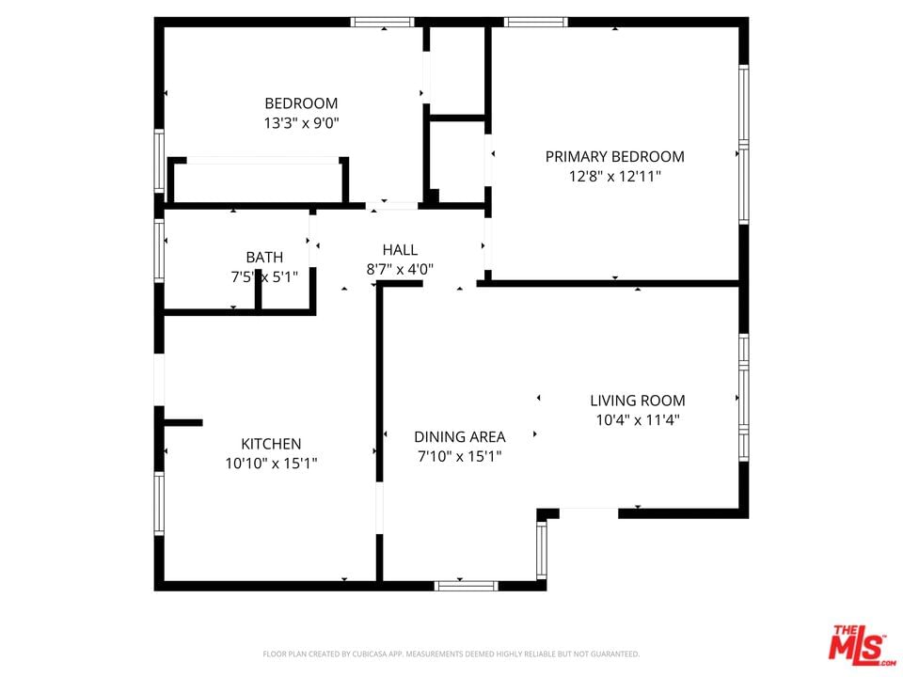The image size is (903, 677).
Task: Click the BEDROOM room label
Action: pyautogui.click(x=301, y=103)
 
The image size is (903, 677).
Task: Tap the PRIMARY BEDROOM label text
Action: pyautogui.click(x=615, y=157)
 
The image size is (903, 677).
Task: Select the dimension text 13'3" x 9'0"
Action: pyautogui.click(x=301, y=123)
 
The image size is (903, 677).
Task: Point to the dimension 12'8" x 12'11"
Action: pyautogui.click(x=615, y=176)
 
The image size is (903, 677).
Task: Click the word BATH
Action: pyautogui.click(x=264, y=258)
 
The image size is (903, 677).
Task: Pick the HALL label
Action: pyautogui.click(x=401, y=250)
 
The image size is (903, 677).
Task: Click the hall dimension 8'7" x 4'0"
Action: pyautogui.click(x=401, y=270)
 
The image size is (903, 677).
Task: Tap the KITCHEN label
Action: pyautogui.click(x=271, y=444)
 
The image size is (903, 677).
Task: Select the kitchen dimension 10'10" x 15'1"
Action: pyautogui.click(x=271, y=464)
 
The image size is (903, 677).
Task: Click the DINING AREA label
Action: pyautogui.click(x=460, y=437)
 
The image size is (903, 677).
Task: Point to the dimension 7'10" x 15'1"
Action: pyautogui.click(x=460, y=457)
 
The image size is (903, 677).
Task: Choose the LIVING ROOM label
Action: pyautogui.click(x=638, y=401)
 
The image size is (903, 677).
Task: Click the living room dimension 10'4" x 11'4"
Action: pyautogui.click(x=638, y=420)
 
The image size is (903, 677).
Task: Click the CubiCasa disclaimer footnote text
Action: pyautogui.click(x=451, y=654)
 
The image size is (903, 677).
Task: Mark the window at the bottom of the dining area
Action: pyautogui.click(x=466, y=586)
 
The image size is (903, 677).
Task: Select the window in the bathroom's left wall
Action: pyautogui.click(x=159, y=250)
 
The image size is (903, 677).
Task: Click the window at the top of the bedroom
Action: pyautogui.click(x=383, y=23)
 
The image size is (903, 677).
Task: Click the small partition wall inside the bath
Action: pyautogui.click(x=259, y=289)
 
